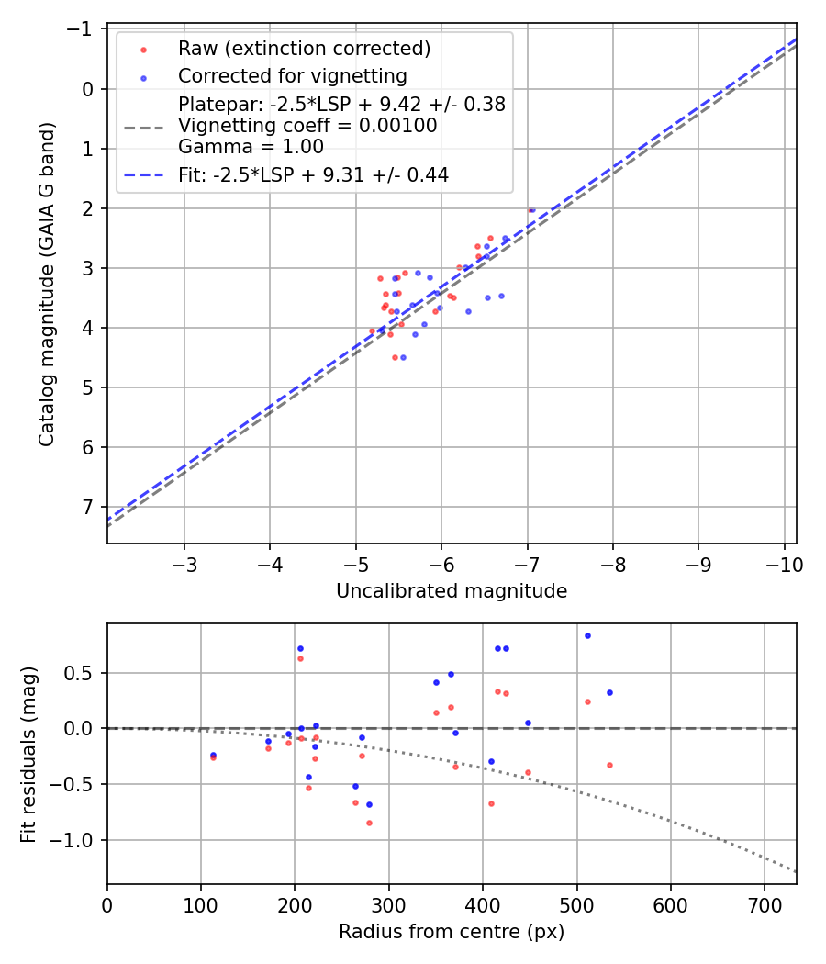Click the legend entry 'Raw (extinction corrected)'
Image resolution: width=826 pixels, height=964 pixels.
pyautogui.click(x=304, y=48)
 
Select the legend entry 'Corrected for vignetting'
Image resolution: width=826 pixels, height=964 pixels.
pyautogui.click(x=292, y=75)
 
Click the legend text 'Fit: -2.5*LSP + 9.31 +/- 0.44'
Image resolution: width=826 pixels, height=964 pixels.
pyautogui.click(x=313, y=174)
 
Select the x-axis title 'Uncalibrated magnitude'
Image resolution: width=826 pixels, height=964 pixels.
pyautogui.click(x=451, y=591)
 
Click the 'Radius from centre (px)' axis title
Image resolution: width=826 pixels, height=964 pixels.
pyautogui.click(x=451, y=932)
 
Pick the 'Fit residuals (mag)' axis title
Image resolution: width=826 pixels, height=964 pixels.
pyautogui.click(x=29, y=754)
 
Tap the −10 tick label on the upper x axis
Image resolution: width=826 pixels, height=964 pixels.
pyautogui.click(x=784, y=563)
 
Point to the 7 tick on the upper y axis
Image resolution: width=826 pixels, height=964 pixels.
pyautogui.click(x=86, y=507)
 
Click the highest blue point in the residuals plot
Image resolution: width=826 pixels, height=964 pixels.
pyautogui.click(x=587, y=635)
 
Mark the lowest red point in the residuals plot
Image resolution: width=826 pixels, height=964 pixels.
pyautogui.click(x=369, y=823)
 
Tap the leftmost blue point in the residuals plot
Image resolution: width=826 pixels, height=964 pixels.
pyautogui.click(x=213, y=755)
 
